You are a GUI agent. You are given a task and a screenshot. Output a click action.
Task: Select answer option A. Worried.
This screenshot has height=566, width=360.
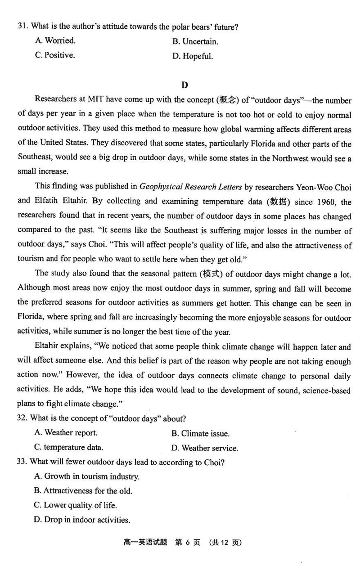point(55,41)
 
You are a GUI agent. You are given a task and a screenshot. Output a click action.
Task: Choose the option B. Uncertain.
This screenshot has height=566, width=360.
point(195,42)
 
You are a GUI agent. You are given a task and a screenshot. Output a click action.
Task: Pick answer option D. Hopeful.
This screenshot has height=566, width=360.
point(192,56)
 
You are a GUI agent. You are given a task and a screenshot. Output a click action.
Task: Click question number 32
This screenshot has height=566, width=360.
point(22,418)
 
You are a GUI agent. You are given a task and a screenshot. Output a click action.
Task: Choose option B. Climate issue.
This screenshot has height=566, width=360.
point(200,434)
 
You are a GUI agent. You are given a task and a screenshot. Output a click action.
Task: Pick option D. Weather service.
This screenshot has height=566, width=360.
point(204,448)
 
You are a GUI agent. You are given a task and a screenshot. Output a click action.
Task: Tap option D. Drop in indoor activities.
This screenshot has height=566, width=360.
point(82,520)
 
